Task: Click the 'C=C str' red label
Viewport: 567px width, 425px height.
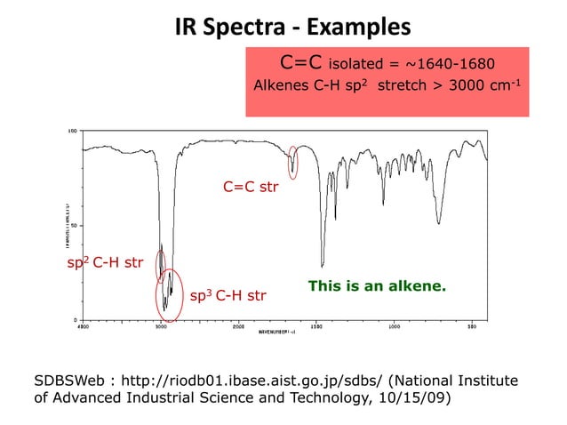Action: coord(251,188)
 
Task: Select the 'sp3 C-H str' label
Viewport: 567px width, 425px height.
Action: coord(228,294)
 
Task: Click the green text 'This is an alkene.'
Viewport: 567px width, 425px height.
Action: coord(376,286)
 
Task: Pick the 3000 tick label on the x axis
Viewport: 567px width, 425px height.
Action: coord(161,326)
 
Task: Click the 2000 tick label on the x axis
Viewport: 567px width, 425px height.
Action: coord(238,326)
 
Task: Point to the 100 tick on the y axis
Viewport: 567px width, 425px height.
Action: coord(72,130)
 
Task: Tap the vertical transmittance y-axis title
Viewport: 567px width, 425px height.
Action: coord(61,224)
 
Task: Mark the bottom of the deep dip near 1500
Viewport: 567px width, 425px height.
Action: coord(322,265)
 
